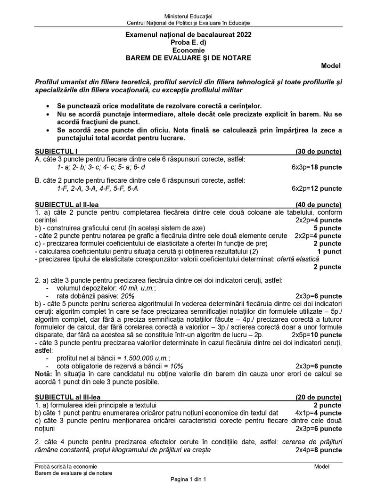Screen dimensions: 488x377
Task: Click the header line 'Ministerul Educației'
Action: coord(188,17)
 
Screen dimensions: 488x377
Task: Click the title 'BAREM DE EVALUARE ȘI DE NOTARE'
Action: coord(188,57)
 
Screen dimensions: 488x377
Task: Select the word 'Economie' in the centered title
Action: coord(188,50)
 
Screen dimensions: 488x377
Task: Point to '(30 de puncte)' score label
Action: coord(318,151)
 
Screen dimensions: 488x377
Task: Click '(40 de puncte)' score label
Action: coord(318,204)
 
